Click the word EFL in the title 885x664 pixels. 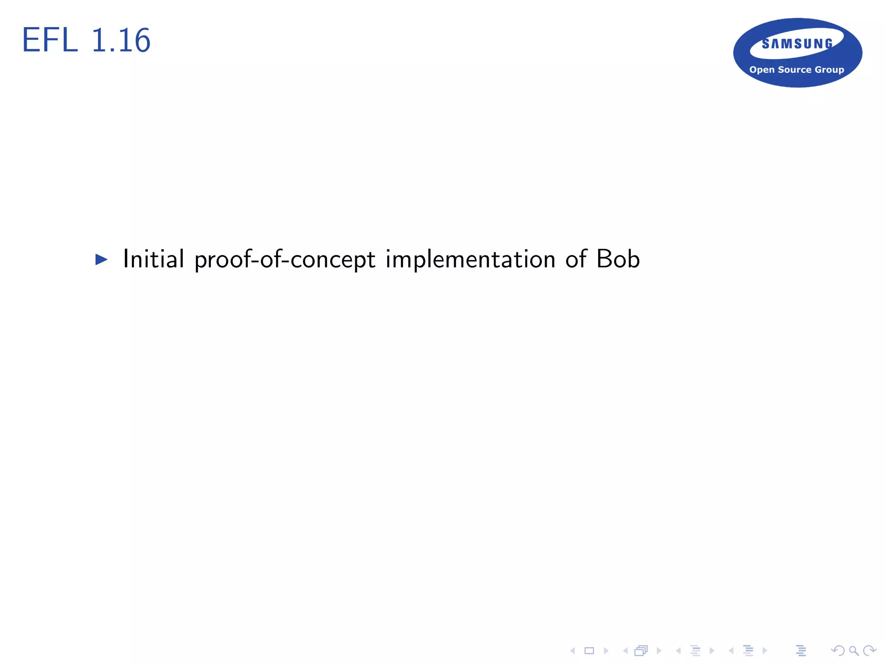[49, 40]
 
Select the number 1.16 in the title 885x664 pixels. [121, 40]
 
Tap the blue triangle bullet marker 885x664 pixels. [101, 259]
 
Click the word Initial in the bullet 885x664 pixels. [153, 259]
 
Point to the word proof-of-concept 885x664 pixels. [285, 260]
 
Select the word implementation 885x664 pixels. [470, 260]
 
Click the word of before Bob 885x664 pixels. [576, 259]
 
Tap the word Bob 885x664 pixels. [618, 259]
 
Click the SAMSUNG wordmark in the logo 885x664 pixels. [797, 44]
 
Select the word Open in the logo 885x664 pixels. [762, 70]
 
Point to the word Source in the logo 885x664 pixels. [795, 70]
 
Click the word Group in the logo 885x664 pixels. [829, 70]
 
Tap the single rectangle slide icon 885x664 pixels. [589, 651]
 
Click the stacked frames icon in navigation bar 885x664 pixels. [641, 651]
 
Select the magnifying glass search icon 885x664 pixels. [853, 651]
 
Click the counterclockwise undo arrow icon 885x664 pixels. [838, 651]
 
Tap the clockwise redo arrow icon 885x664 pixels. [869, 651]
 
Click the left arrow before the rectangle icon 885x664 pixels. [573, 651]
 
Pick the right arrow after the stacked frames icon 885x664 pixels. [659, 651]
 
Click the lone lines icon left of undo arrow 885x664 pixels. [801, 651]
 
